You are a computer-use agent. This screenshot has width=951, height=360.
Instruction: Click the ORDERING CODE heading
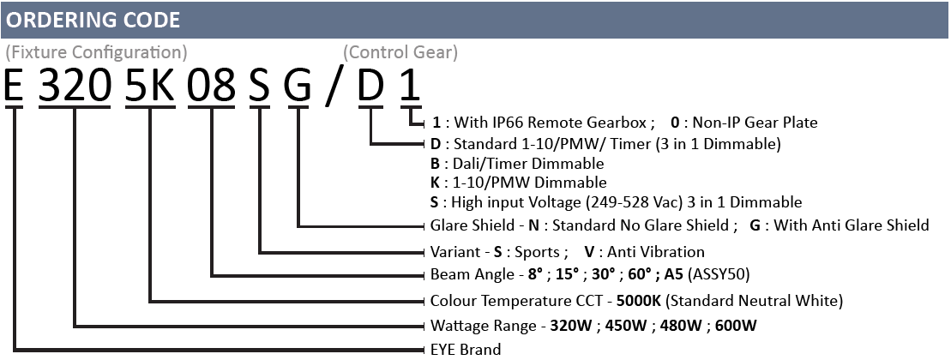(x=93, y=20)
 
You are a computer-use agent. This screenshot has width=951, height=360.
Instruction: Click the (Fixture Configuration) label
(x=96, y=53)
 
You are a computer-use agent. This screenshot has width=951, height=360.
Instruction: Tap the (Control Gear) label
(x=400, y=53)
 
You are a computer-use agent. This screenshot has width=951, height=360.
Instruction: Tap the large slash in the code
(x=334, y=86)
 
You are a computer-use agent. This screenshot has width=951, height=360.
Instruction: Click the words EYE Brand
(x=466, y=350)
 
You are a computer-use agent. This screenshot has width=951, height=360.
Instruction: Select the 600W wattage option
(x=736, y=326)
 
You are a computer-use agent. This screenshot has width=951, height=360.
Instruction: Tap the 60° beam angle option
(x=638, y=274)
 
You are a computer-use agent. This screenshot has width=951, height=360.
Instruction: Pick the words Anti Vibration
(x=656, y=251)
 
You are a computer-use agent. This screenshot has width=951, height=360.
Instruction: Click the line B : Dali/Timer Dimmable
(x=517, y=164)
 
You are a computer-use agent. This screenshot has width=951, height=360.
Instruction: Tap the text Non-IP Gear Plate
(x=755, y=123)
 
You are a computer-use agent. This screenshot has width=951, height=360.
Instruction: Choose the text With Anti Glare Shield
(x=852, y=225)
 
